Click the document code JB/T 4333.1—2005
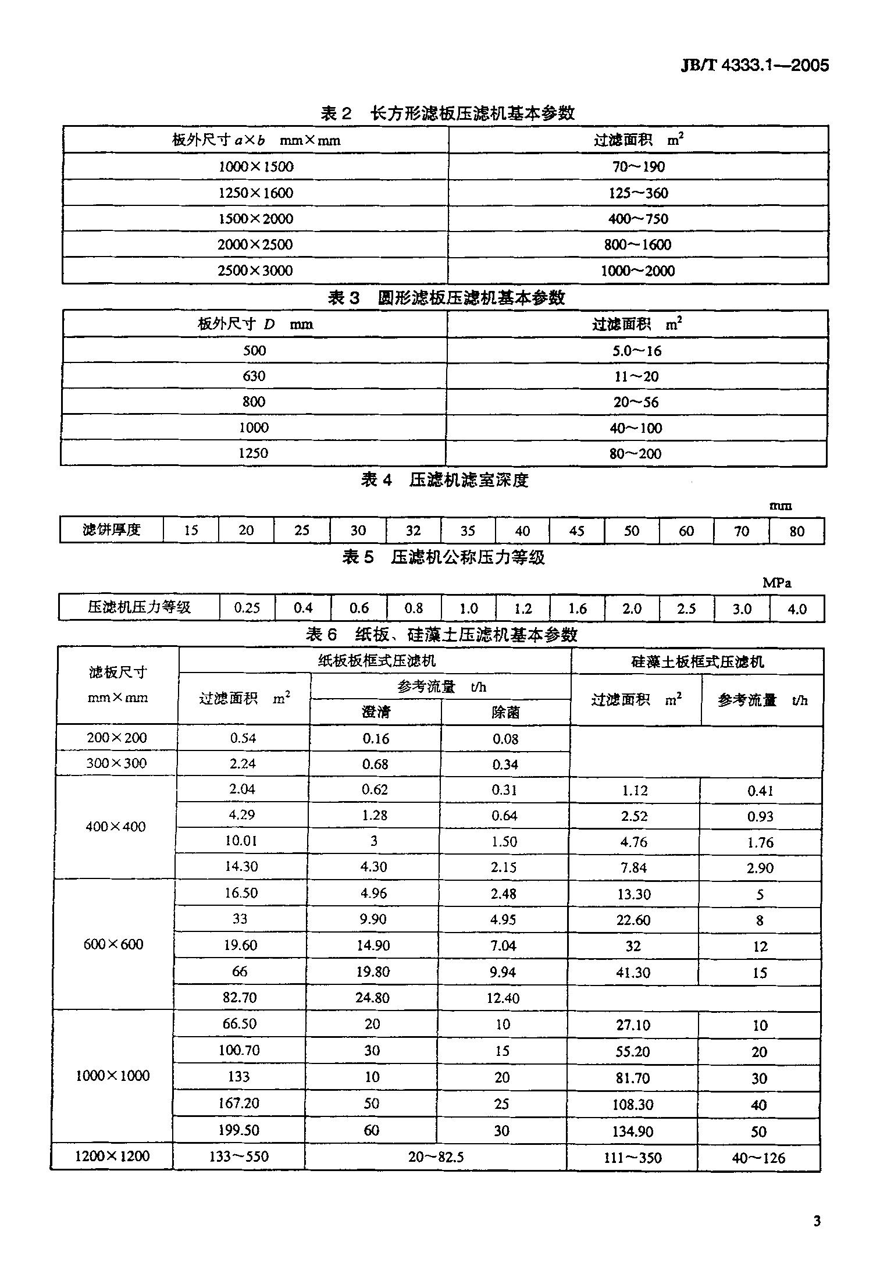click(754, 66)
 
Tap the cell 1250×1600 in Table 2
click(255, 193)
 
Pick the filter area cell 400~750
click(638, 219)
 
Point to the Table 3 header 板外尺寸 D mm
click(255, 324)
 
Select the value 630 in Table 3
click(254, 376)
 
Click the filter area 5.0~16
click(637, 351)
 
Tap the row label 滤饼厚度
click(111, 530)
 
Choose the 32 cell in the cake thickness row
click(413, 531)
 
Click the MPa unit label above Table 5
click(776, 582)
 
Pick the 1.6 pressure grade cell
click(577, 609)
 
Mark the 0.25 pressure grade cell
click(247, 608)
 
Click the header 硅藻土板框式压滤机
click(697, 661)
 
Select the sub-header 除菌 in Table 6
click(505, 712)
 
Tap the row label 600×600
click(113, 944)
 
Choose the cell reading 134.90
click(633, 1131)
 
